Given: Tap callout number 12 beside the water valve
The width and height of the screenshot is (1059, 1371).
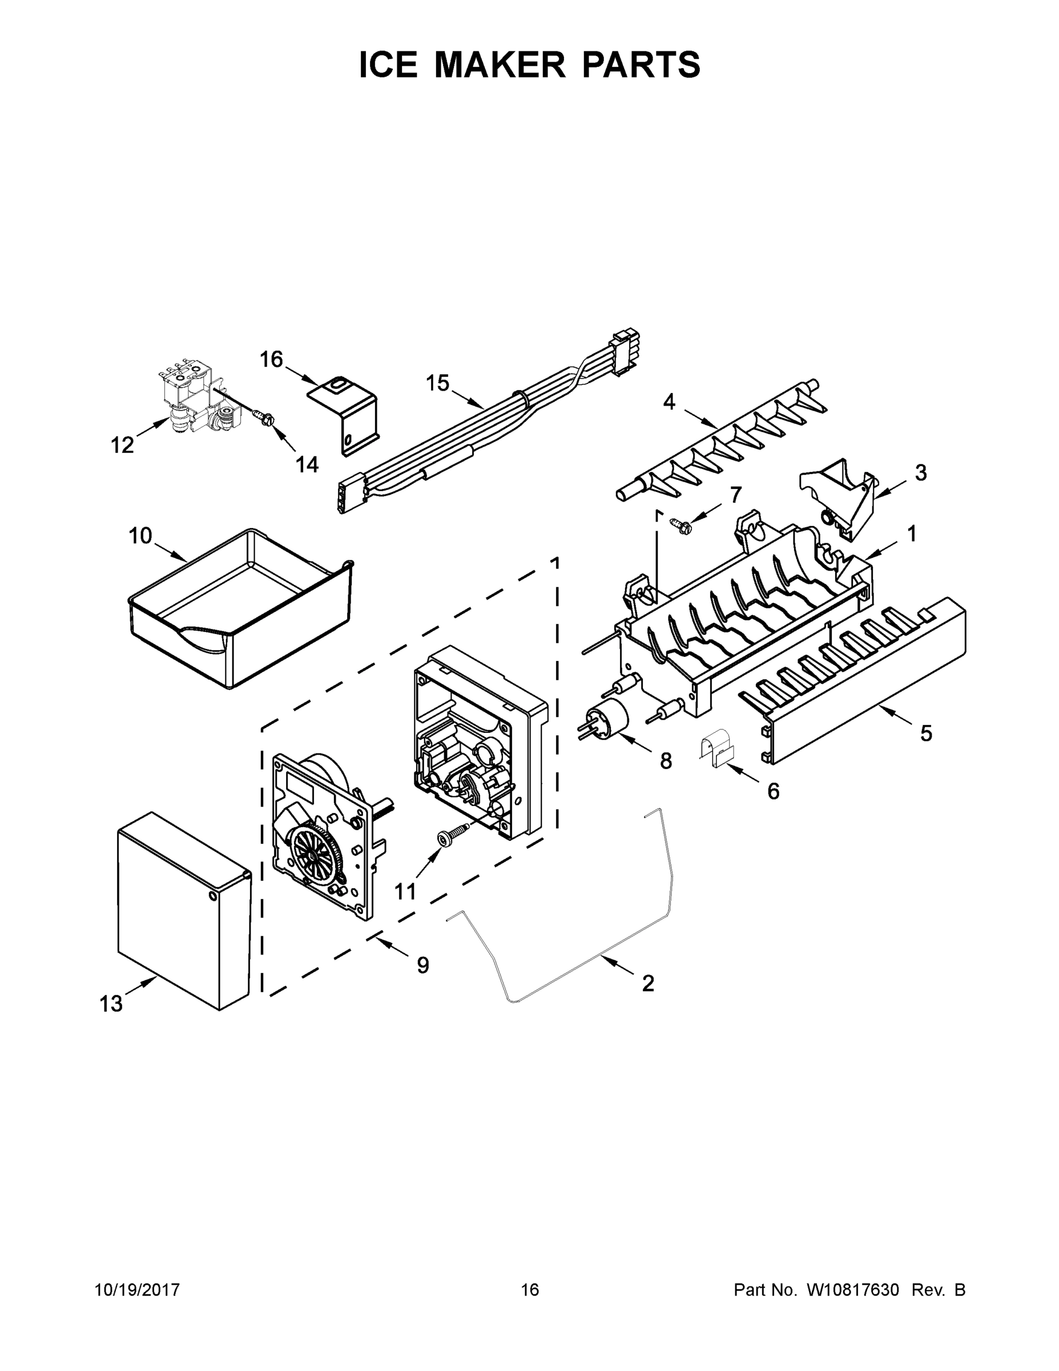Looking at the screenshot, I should [122, 445].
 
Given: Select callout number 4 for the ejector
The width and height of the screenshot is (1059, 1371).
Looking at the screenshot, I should [670, 402].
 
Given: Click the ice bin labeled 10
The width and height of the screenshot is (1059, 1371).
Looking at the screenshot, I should [239, 609].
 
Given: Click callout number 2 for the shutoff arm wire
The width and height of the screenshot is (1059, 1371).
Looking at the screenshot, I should [648, 983].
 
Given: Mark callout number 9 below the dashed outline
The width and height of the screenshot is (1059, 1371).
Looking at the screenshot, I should [423, 965].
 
